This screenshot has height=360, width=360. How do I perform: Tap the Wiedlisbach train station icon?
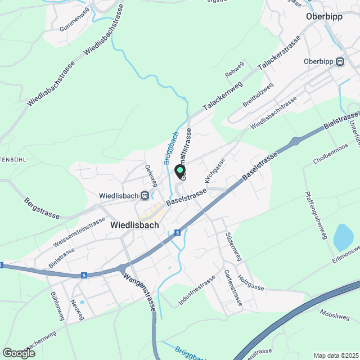145,196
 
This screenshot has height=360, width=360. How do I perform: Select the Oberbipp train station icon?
340,62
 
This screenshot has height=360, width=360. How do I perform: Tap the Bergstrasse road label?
43,208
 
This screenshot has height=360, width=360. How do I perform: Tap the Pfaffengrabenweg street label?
316,215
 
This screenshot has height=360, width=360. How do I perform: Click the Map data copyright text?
336,355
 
